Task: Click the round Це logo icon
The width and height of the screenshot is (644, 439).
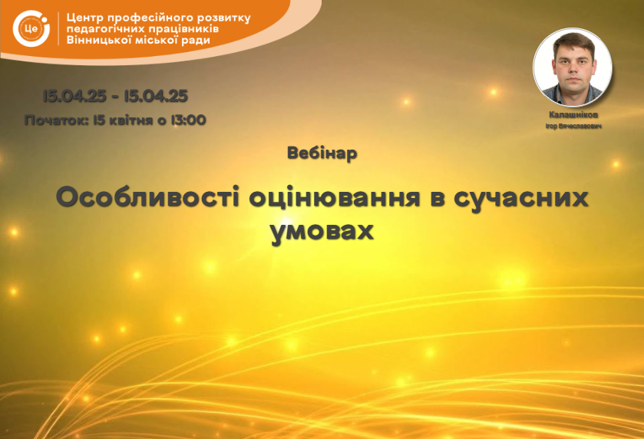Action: (31, 28)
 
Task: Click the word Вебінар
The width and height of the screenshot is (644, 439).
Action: (322, 153)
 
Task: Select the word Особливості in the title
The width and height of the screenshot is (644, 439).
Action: (148, 197)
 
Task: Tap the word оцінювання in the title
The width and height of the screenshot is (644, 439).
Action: (335, 198)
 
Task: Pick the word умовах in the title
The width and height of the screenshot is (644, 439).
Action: (322, 232)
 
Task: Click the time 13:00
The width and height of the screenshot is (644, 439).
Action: (188, 120)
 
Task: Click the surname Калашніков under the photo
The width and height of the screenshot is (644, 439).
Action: (573, 115)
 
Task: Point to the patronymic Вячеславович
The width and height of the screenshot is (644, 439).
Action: (580, 127)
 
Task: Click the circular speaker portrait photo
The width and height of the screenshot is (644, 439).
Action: (573, 68)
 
